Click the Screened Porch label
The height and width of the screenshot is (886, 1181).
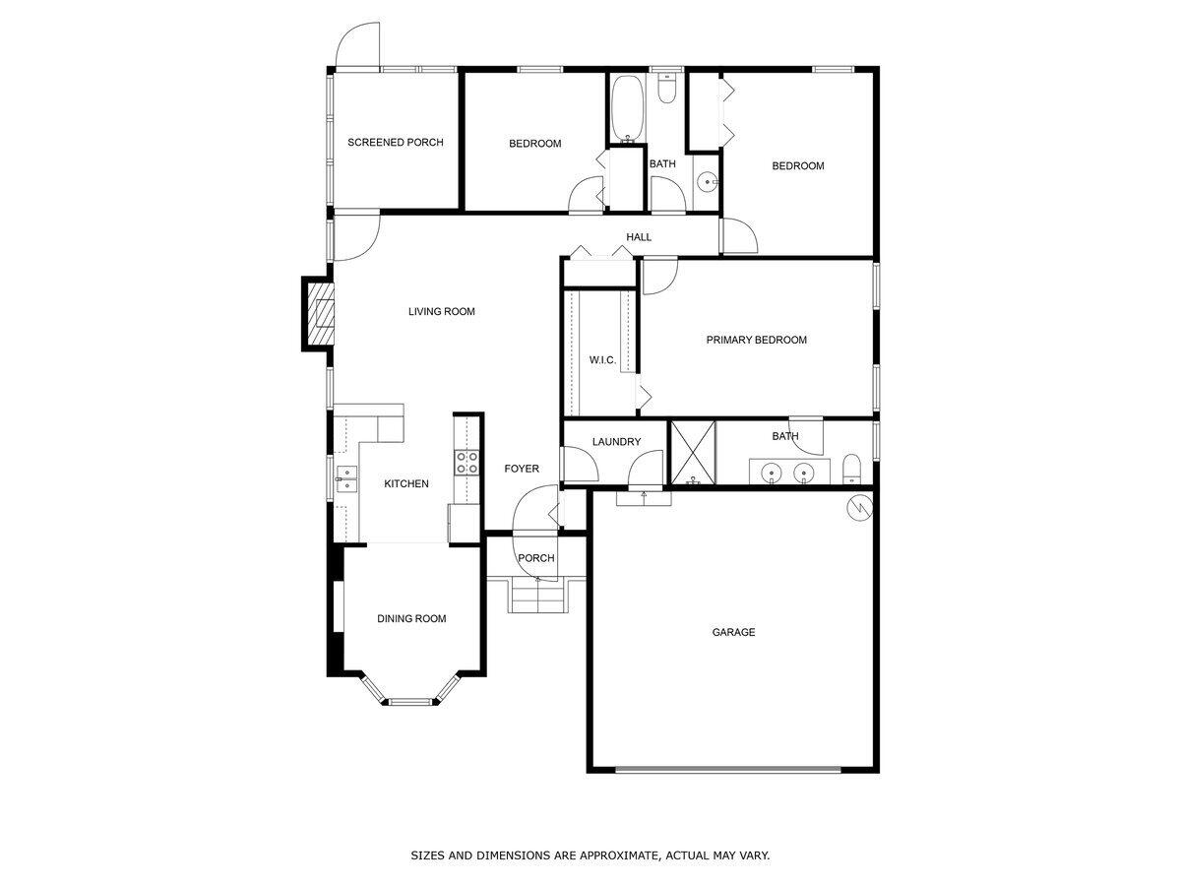point(395,143)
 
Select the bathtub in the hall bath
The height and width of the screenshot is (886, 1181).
point(626,107)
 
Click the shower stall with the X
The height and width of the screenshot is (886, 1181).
point(693,453)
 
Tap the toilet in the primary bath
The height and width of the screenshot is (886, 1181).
point(852,470)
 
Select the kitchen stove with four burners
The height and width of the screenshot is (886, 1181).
point(466,463)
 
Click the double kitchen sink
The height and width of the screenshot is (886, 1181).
point(345,479)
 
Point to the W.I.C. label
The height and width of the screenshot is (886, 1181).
point(602,360)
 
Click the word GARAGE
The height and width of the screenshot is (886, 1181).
point(733,632)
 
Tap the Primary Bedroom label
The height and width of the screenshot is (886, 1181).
point(756,340)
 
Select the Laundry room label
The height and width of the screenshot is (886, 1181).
point(616,442)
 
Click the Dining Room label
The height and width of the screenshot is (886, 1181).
point(411,619)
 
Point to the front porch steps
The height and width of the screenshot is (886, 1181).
point(537,596)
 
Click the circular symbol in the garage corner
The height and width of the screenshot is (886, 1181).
point(859,507)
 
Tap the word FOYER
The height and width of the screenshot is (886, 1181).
point(522,469)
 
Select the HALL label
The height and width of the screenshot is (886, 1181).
point(639,237)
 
